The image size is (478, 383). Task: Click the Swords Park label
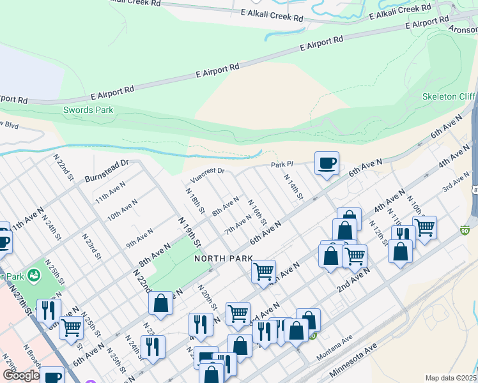tap(88, 110)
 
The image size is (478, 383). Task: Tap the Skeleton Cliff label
tap(449, 96)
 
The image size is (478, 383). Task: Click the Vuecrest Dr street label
tap(208, 171)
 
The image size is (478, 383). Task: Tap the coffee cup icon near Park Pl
tap(327, 164)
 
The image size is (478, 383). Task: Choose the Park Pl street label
tap(281, 165)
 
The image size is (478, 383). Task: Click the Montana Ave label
tap(346, 343)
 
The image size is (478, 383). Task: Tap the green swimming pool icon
tap(34, 276)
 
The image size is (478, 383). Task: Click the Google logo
tap(20, 375)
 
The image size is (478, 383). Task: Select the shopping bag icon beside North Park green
tap(160, 304)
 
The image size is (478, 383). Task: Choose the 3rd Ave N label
tap(456, 186)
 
